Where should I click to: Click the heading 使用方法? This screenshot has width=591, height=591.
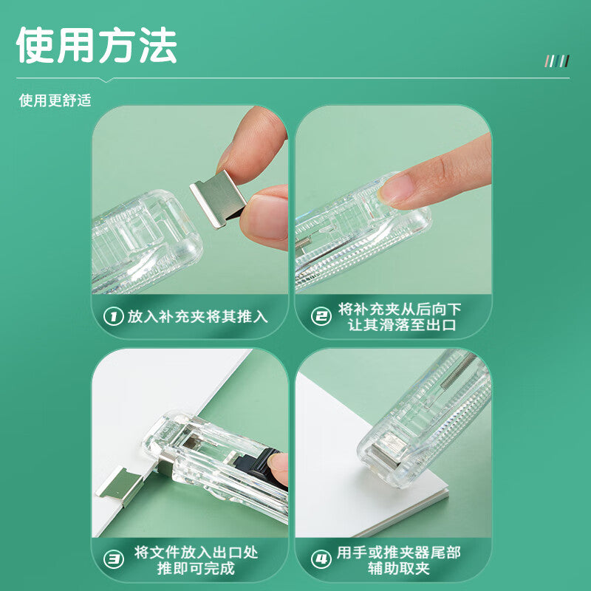click(x=97, y=46)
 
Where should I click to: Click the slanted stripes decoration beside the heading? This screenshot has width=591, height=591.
click(x=557, y=61)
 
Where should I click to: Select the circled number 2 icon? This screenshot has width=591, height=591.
click(x=321, y=317)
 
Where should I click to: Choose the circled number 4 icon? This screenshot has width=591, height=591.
click(x=321, y=559)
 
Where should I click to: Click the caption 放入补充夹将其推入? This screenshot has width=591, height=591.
click(x=197, y=317)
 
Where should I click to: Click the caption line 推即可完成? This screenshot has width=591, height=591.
click(x=196, y=568)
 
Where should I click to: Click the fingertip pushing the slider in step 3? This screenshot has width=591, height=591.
click(x=279, y=469)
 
